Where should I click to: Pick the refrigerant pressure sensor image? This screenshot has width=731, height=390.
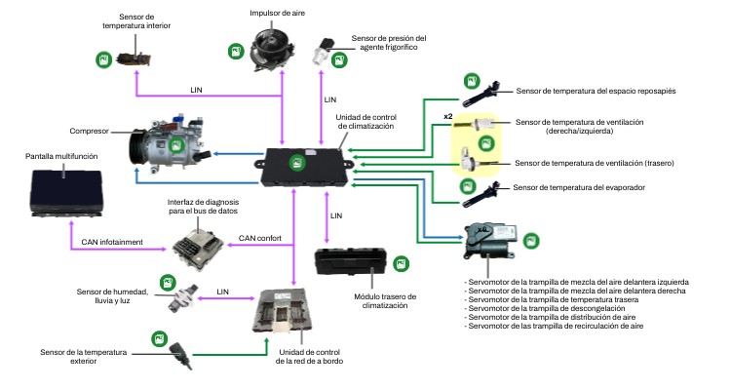(x=324, y=52)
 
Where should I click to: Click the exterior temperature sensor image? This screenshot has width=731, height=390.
(x=179, y=348)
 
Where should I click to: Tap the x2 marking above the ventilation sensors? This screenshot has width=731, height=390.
(x=448, y=117)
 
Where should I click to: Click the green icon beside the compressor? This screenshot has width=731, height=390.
(x=175, y=146)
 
